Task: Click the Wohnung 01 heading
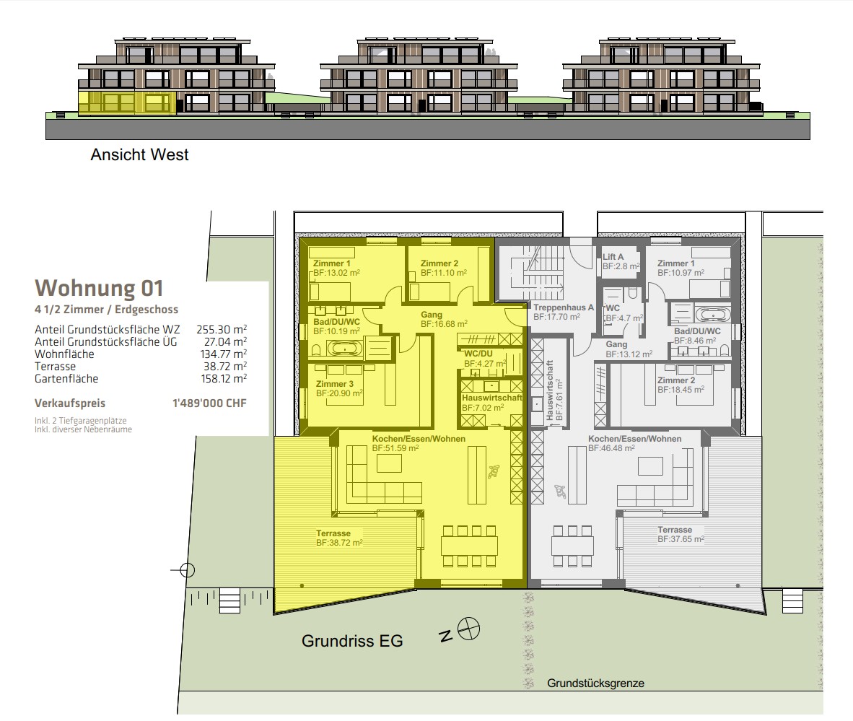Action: click(x=98, y=288)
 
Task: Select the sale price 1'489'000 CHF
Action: click(x=209, y=403)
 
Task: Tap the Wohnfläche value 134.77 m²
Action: click(x=224, y=354)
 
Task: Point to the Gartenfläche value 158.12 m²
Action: click(x=224, y=379)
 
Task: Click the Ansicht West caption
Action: click(x=139, y=154)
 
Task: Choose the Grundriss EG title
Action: click(x=352, y=641)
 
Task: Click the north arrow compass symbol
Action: click(x=468, y=629)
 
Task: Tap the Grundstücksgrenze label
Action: click(x=595, y=683)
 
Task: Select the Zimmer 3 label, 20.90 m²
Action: click(x=339, y=388)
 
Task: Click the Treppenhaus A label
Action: click(x=563, y=307)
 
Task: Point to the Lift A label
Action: click(x=613, y=257)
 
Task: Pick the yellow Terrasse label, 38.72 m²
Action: click(x=339, y=538)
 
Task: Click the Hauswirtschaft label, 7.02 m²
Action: click(x=491, y=403)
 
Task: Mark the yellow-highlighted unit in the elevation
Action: click(x=127, y=102)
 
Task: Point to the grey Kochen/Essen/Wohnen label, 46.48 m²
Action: click(x=635, y=443)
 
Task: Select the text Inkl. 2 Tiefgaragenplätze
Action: click(x=81, y=421)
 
